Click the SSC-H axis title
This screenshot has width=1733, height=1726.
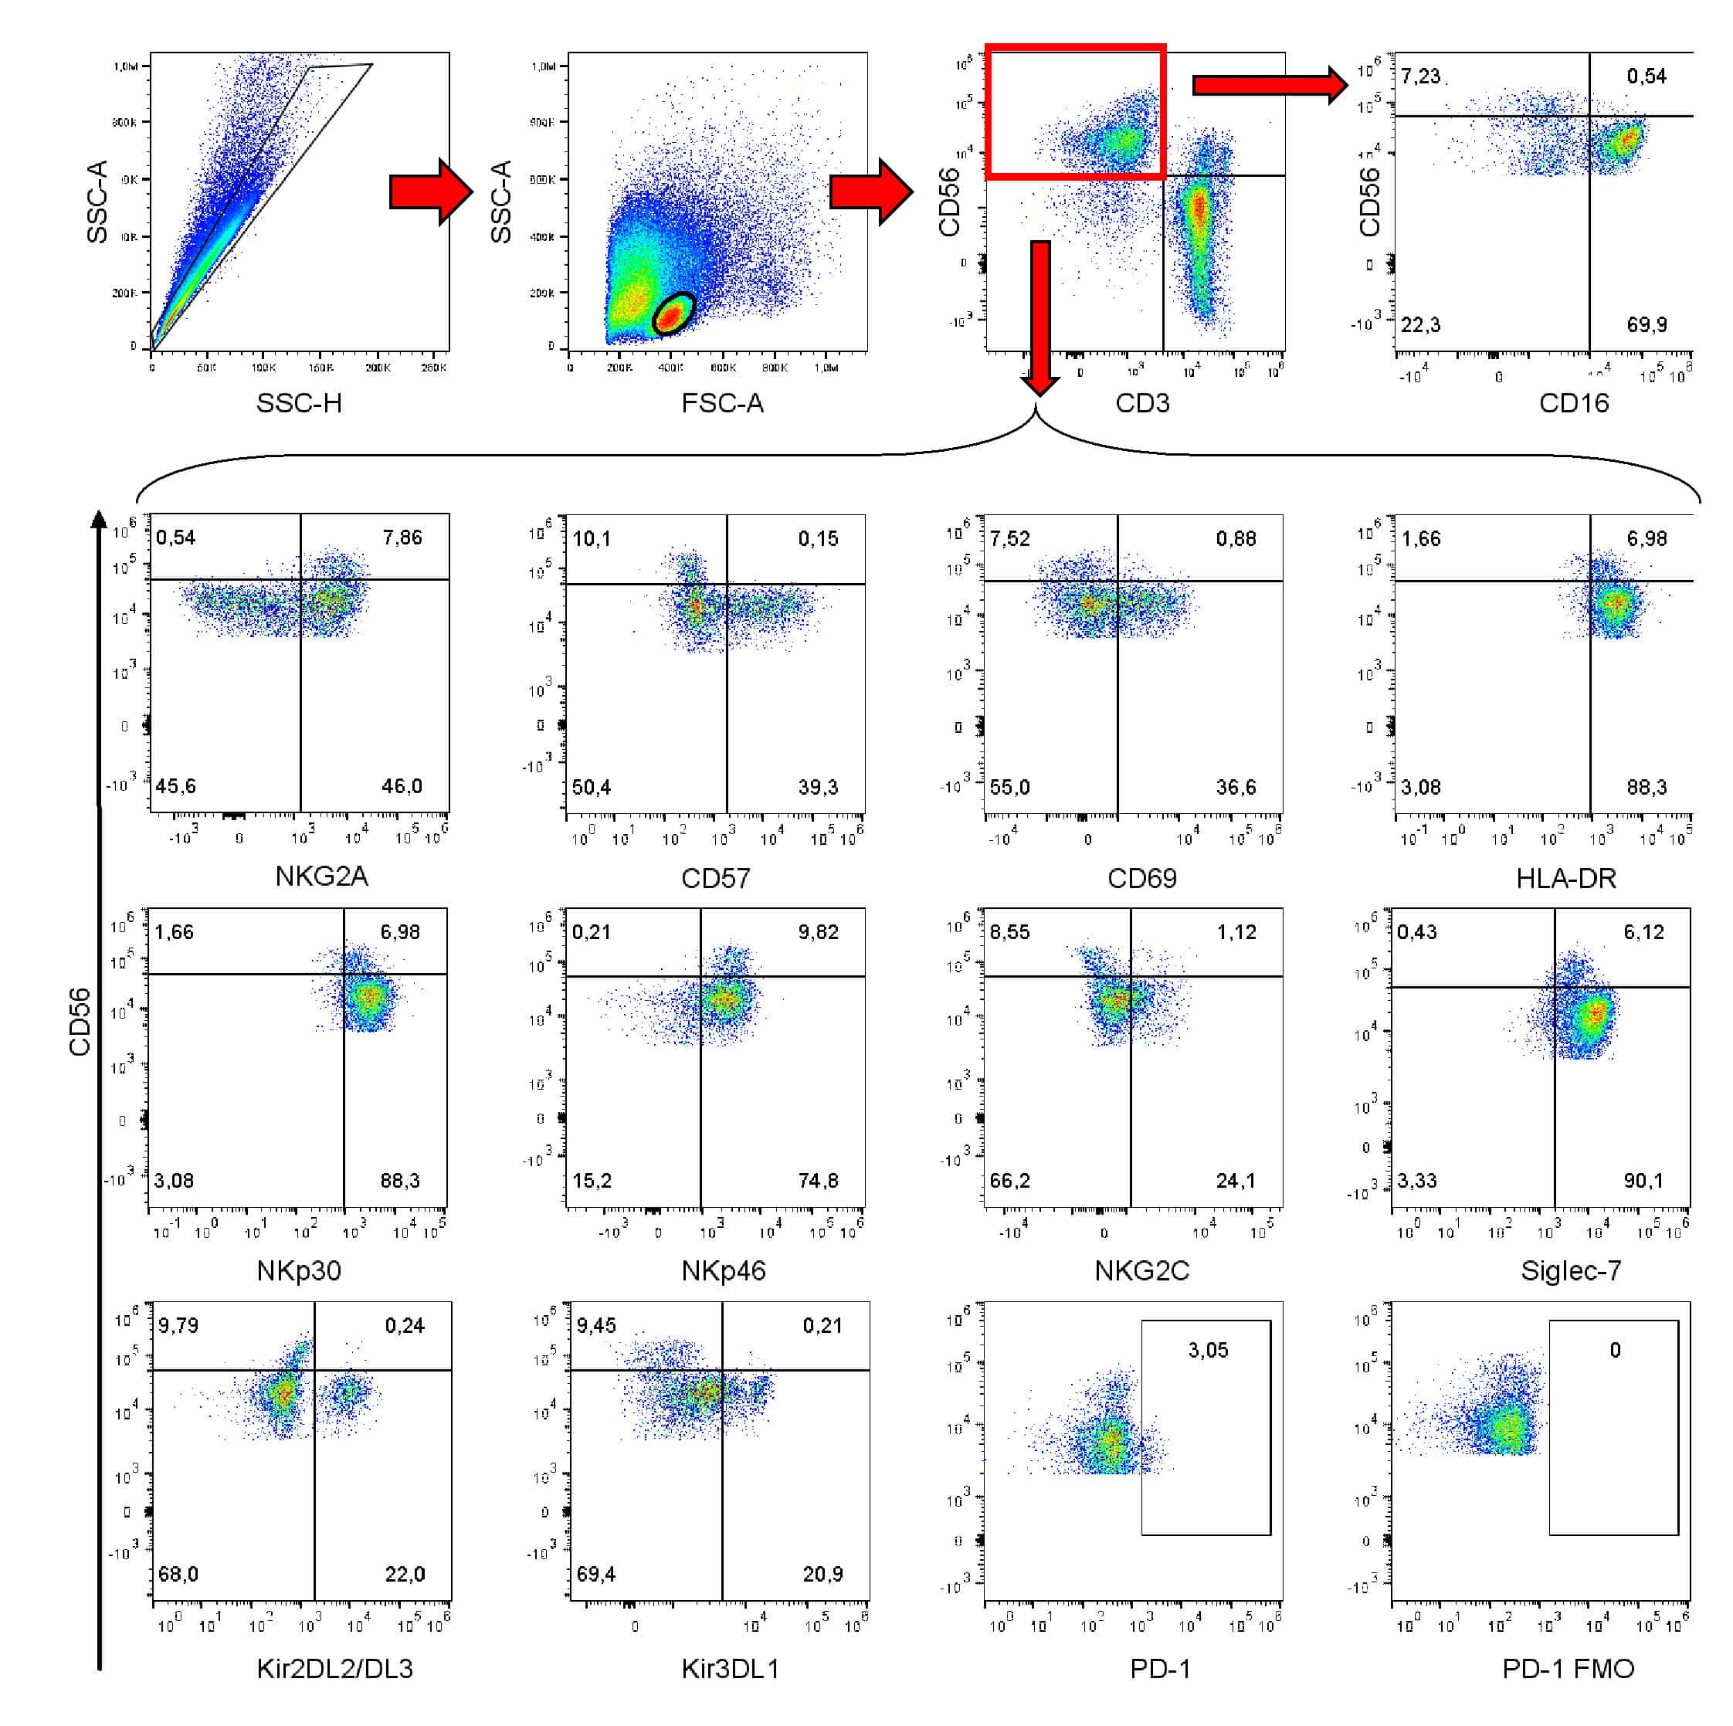[x=299, y=404]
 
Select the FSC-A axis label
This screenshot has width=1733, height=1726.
[x=722, y=404]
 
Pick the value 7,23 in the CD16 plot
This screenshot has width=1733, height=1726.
[x=1421, y=76]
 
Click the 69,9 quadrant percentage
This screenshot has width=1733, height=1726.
[x=1647, y=325]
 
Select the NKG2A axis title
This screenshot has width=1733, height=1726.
[x=321, y=877]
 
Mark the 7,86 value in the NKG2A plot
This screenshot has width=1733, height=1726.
[x=402, y=538]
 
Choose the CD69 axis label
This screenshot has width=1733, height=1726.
[x=1142, y=878]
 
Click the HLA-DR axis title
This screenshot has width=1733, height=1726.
[x=1566, y=878]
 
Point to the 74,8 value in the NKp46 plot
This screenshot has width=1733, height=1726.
[x=818, y=1182]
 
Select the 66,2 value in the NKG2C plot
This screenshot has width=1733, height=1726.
[x=1010, y=1182]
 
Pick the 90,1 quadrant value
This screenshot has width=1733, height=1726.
[x=1643, y=1182]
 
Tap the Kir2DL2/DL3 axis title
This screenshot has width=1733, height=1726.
[x=334, y=1669]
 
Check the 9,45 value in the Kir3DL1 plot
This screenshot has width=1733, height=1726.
[x=596, y=1326]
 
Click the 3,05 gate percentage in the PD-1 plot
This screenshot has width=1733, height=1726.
[x=1207, y=1351]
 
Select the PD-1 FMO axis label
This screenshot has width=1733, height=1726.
[x=1568, y=1669]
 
